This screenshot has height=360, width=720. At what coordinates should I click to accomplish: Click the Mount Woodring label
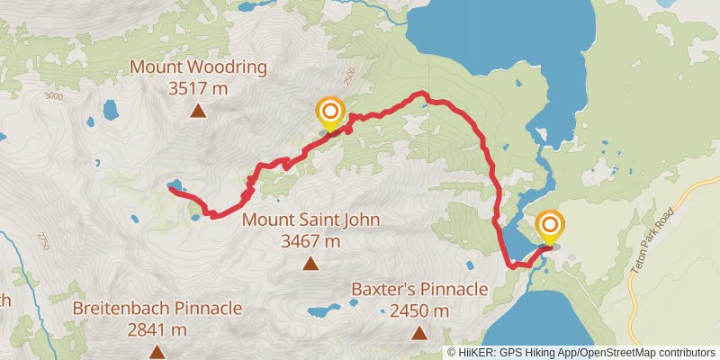(199, 67)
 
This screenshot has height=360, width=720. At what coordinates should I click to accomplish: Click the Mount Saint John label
(311, 220)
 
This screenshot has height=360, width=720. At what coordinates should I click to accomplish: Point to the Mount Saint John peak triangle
(310, 264)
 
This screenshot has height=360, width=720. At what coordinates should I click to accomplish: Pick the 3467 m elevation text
(311, 241)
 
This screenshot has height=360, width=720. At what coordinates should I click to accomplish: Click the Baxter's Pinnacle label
(419, 290)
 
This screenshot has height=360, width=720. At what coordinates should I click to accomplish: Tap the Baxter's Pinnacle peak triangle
(419, 334)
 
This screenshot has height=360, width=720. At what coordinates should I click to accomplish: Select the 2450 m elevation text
(419, 311)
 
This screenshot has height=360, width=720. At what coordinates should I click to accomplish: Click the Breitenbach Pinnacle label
(157, 308)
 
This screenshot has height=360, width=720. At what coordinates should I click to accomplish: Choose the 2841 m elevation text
(157, 329)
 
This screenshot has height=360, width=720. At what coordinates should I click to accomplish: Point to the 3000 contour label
(53, 96)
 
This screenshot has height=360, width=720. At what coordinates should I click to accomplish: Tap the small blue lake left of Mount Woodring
(110, 111)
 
